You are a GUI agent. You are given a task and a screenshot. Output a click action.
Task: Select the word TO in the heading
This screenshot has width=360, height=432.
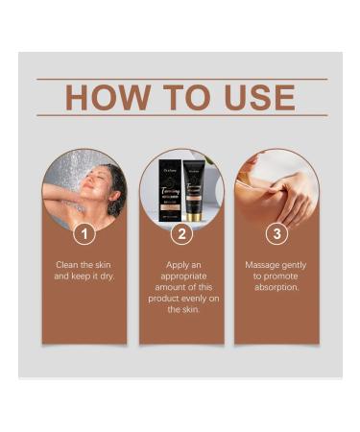186,97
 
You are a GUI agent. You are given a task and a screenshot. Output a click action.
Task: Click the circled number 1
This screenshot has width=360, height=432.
86,233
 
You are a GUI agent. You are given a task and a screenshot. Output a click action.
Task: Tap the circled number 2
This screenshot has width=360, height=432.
181,233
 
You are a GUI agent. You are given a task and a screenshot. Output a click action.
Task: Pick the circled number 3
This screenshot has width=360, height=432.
277,233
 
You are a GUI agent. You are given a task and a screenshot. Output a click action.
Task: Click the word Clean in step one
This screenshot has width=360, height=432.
65,264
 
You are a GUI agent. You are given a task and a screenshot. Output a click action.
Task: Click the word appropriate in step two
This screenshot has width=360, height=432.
181,276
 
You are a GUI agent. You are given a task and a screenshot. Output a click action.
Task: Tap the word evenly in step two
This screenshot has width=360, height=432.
184,299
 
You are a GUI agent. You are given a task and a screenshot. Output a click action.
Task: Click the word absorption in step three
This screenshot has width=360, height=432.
277,287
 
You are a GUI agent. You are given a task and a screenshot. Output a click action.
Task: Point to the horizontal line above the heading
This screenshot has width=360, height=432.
181,79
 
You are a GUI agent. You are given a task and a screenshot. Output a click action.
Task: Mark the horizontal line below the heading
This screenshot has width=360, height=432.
181,115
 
